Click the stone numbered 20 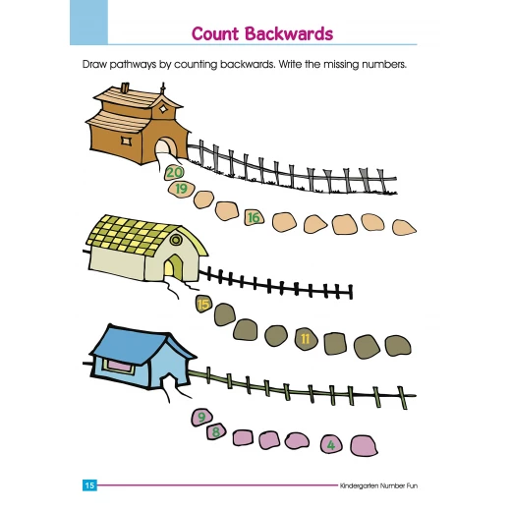[174, 172]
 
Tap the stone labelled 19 [181, 190]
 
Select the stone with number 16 [254, 217]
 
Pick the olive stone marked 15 [203, 304]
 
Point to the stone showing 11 [306, 339]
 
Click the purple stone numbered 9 [201, 417]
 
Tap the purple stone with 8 [216, 431]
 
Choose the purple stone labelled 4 [331, 445]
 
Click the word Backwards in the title [289, 33]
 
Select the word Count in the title [215, 33]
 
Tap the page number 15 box [89, 485]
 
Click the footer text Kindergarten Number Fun [378, 485]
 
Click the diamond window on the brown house [163, 108]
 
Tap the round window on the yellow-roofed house [176, 240]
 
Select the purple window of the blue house [120, 366]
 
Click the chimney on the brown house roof [125, 88]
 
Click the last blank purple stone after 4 [364, 446]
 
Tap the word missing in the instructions [341, 65]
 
